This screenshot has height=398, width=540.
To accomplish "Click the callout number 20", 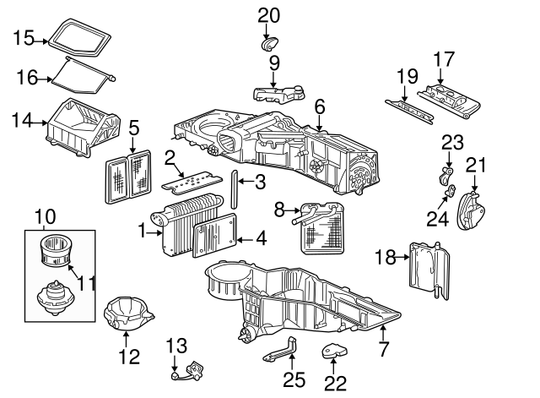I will click(x=267, y=14).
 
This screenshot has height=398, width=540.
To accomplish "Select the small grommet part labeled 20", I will click(x=270, y=42).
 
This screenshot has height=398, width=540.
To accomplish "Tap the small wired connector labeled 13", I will click(x=194, y=369).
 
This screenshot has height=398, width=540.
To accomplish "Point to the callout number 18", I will click(x=385, y=257).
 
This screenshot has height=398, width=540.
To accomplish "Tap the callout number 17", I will click(x=444, y=60).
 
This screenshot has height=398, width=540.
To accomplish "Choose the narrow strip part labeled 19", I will click(x=405, y=108).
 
